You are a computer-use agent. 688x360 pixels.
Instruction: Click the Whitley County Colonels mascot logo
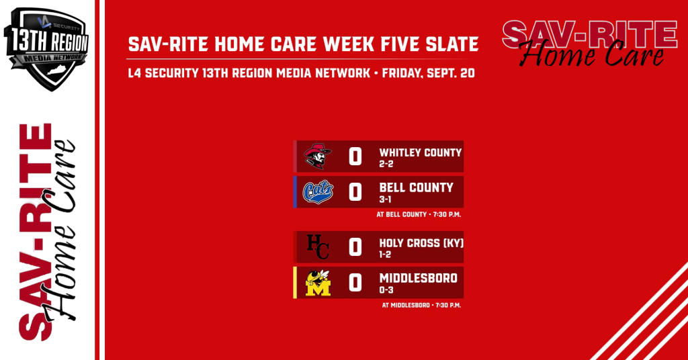coord(318,156)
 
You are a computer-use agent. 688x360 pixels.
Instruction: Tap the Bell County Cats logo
coord(318,192)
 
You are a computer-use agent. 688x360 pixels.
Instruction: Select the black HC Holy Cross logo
coord(318,247)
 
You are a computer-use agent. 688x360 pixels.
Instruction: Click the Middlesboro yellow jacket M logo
coord(318,283)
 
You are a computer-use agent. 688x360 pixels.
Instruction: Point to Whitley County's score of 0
coord(355,156)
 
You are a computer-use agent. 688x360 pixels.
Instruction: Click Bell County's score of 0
coord(355,192)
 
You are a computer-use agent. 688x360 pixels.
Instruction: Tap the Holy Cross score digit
coord(355,247)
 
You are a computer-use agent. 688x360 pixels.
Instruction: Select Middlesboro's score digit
coord(355,283)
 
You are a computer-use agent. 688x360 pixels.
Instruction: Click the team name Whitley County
coord(421,152)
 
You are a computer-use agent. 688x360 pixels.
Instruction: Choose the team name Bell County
coord(416,187)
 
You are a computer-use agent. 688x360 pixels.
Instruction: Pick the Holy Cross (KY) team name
coord(421,243)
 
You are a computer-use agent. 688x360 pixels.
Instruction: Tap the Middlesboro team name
coord(418,278)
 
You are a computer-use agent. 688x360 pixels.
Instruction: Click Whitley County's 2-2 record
coord(386,164)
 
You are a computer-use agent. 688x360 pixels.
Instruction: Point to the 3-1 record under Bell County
coord(385,199)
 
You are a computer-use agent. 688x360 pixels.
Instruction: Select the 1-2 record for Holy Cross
coord(385,255)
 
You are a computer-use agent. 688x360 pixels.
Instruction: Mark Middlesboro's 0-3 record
coord(386,290)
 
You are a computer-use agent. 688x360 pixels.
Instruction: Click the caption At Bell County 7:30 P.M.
coord(419,214)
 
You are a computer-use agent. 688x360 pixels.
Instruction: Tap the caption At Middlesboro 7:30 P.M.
coord(421,305)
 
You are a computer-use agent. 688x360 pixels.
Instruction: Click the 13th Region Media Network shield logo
coord(46,48)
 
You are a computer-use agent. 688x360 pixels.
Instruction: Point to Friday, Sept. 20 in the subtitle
coord(428,73)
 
